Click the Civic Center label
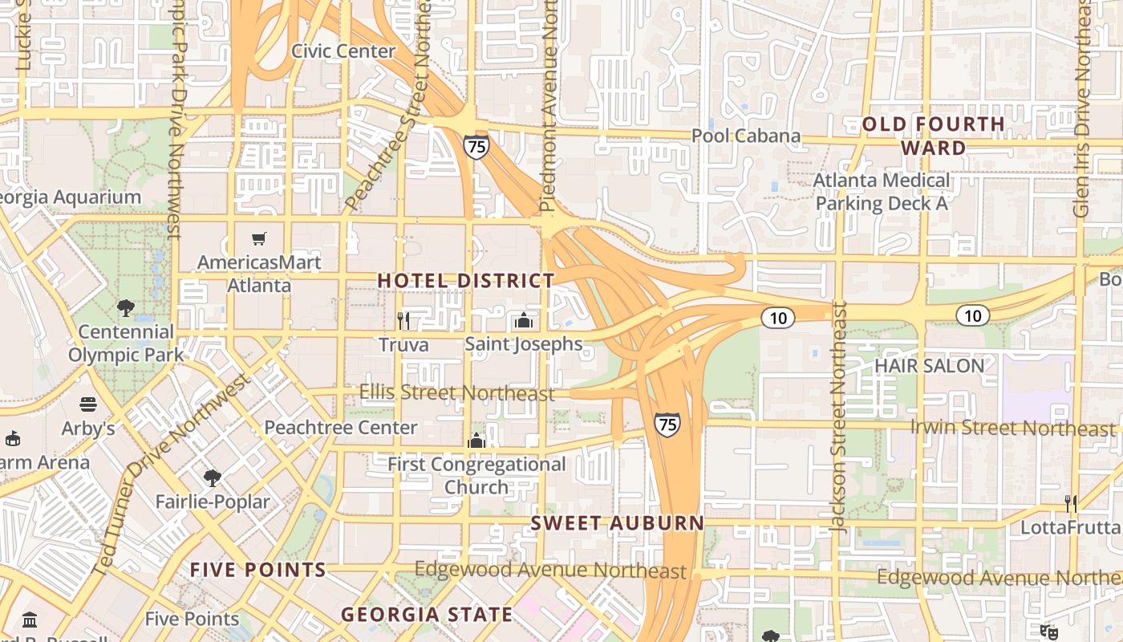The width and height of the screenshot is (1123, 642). [343, 51]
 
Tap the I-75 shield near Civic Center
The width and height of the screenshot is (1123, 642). [476, 147]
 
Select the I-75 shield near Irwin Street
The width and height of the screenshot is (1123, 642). [667, 424]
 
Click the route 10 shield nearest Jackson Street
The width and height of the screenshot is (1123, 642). [777, 318]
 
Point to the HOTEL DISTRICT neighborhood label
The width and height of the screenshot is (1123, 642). [466, 281]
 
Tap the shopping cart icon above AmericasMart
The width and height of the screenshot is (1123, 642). [258, 238]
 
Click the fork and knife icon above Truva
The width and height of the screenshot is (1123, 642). [403, 321]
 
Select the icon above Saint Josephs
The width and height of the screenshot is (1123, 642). [524, 321]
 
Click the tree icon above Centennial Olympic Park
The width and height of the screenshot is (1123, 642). [125, 307]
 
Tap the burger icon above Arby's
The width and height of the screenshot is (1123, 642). [88, 404]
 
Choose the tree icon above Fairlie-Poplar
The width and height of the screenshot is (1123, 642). [212, 478]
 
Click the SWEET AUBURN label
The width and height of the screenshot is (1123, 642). [618, 523]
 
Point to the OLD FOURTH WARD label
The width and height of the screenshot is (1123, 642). [933, 136]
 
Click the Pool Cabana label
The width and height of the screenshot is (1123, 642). [746, 136]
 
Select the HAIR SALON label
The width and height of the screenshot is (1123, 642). [929, 366]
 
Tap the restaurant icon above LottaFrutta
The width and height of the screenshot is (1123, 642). [1070, 504]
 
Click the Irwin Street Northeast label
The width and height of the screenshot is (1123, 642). [1012, 428]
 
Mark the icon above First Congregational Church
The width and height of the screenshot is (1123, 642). [476, 441]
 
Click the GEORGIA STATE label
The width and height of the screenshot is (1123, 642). [427, 615]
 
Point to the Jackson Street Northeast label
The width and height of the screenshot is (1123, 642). [839, 417]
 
